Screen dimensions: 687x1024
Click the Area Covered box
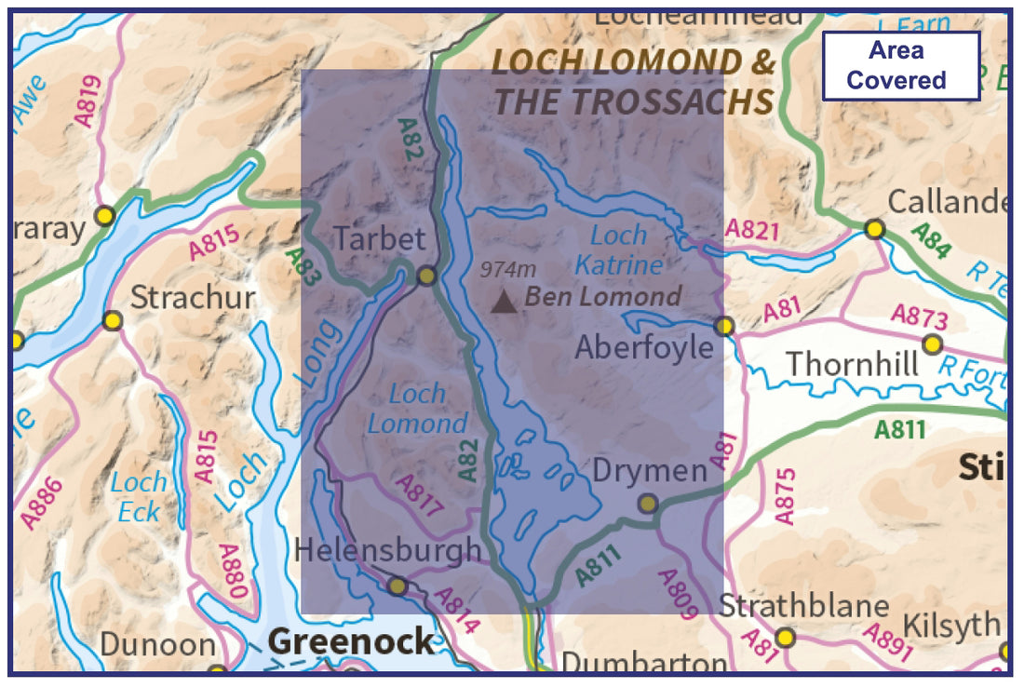click(900, 66)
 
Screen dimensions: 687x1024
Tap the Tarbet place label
click(379, 238)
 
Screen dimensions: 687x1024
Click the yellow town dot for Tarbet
click(426, 276)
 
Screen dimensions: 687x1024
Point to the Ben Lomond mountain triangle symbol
click(504, 301)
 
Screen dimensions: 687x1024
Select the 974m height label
click(508, 270)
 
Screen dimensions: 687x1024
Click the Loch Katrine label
click(619, 250)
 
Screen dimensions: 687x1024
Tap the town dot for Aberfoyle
click(724, 326)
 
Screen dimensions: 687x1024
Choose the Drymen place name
click(650, 471)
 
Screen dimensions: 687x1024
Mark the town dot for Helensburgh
click(397, 586)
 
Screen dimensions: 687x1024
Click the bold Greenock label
click(351, 641)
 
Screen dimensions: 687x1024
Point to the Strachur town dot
click(113, 321)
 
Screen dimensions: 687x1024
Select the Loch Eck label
click(139, 496)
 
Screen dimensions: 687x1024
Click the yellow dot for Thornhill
click(932, 344)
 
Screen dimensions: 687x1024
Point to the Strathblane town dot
click(786, 638)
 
